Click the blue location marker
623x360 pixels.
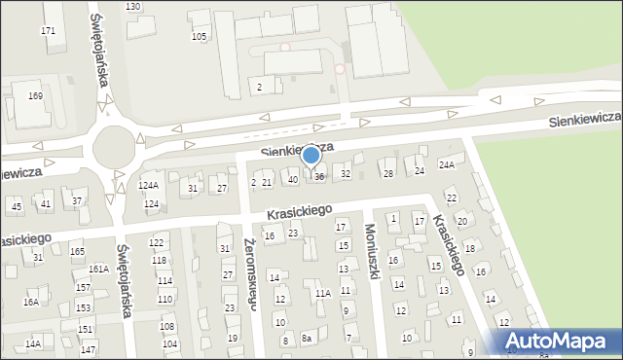pos(311,156)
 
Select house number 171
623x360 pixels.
pos(48,32)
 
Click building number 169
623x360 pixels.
pos(35,96)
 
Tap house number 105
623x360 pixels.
pos(199,37)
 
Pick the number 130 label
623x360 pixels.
pos(132,7)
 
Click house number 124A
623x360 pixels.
pos(148,185)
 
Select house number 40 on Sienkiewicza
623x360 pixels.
pos(292,180)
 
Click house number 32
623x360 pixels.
pos(345,174)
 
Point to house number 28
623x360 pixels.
pos(387,173)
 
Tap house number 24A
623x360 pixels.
pos(446,165)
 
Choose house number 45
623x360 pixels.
pos(16,207)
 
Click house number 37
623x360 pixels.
pos(77,201)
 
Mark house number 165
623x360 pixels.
pos(77,252)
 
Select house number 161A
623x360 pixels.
pos(98,269)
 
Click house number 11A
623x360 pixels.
pos(322,293)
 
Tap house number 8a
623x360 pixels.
pos(306,339)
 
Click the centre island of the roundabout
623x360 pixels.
pos(115,148)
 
